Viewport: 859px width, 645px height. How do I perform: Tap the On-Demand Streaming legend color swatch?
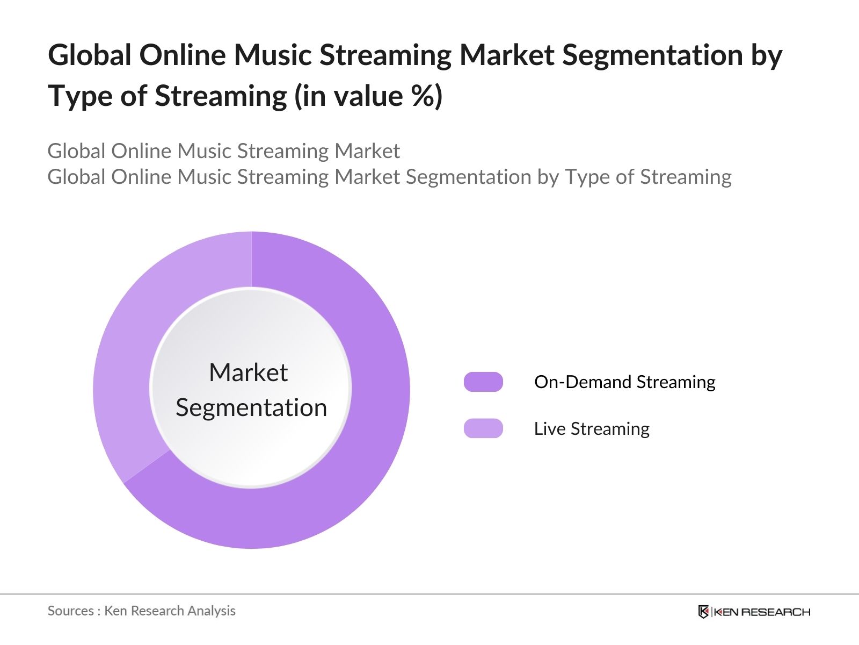[483, 382]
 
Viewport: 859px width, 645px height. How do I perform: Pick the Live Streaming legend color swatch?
[483, 428]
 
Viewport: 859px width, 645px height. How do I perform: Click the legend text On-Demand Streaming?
[625, 382]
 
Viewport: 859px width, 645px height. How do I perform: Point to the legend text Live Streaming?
[592, 428]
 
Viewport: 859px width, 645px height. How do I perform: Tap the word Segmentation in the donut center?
[251, 408]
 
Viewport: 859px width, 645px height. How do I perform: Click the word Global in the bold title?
[90, 55]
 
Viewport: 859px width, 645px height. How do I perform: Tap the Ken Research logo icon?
[703, 612]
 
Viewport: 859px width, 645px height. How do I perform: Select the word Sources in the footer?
[71, 611]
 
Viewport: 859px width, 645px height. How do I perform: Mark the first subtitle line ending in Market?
[224, 151]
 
